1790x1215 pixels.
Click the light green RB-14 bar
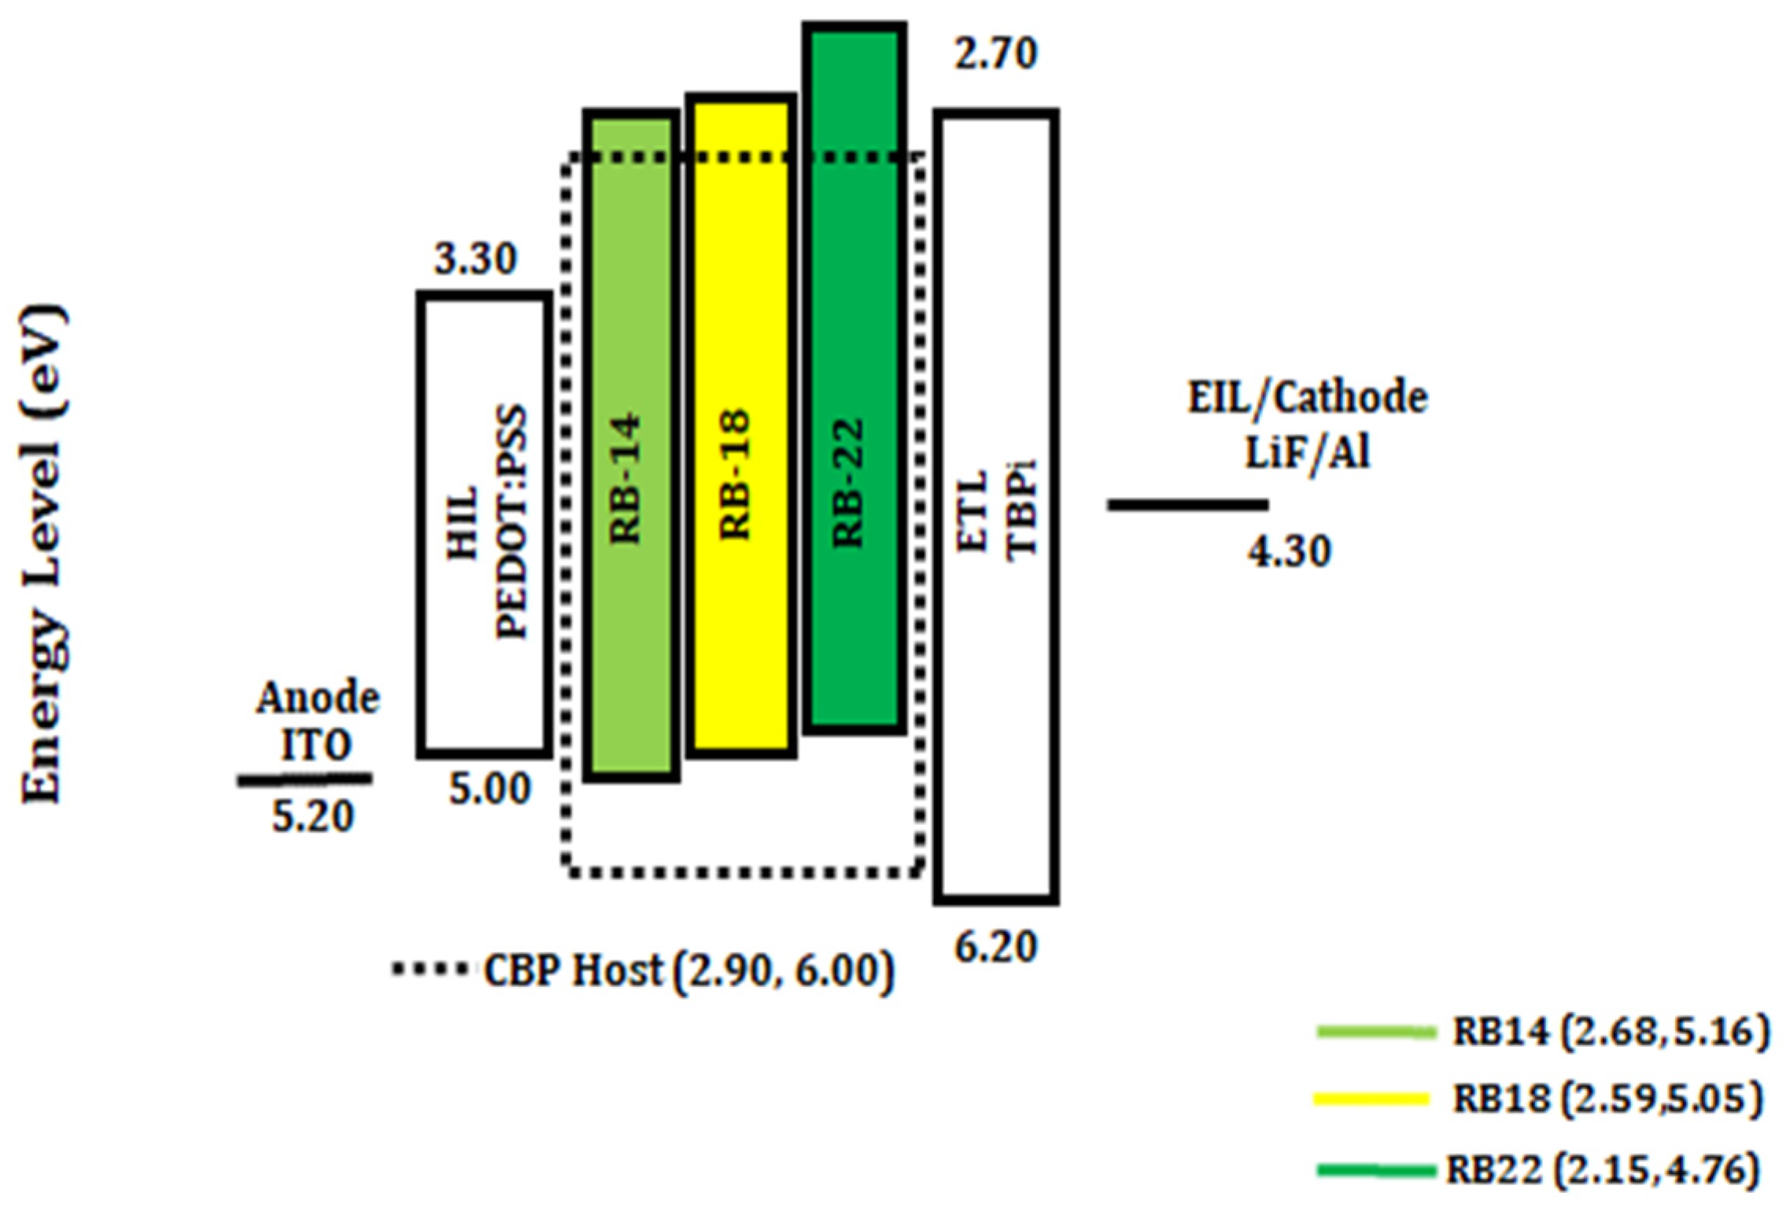click(x=631, y=446)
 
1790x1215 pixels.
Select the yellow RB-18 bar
click(x=741, y=426)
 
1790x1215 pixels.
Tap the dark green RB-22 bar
click(x=854, y=377)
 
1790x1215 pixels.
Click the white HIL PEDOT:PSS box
click(x=484, y=525)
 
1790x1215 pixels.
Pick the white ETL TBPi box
click(x=996, y=507)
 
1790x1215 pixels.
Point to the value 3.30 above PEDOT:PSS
click(x=475, y=259)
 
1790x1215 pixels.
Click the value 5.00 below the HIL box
click(x=489, y=788)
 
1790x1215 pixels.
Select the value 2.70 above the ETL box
click(x=995, y=54)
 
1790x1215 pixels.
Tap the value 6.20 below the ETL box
click(x=995, y=948)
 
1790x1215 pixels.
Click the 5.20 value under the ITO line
click(x=312, y=817)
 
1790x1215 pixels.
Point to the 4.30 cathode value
click(x=1289, y=551)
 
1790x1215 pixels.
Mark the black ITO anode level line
click(x=304, y=779)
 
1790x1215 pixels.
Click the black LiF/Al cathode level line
click(x=1187, y=505)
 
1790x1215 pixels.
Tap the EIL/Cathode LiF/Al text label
click(x=1307, y=425)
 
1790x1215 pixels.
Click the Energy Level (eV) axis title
click(x=43, y=554)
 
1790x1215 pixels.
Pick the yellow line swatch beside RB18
click(x=1371, y=1099)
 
